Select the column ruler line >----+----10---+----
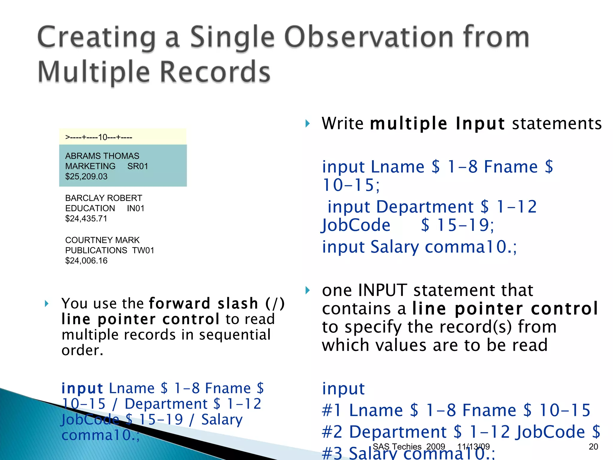pyautogui.click(x=99, y=137)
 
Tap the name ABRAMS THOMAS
pyautogui.click(x=102, y=156)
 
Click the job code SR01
pyautogui.click(x=138, y=166)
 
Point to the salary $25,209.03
pyautogui.click(x=86, y=176)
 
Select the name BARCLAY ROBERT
pyautogui.click(x=104, y=198)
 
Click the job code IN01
pyautogui.click(x=136, y=208)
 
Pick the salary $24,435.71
pyautogui.click(x=86, y=219)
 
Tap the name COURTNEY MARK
pyautogui.click(x=102, y=240)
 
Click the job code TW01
pyautogui.click(x=143, y=250)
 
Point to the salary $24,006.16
pyautogui.click(x=86, y=261)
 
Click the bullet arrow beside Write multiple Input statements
pyautogui.click(x=307, y=123)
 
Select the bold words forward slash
pyautogui.click(x=204, y=303)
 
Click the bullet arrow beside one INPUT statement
pyautogui.click(x=307, y=290)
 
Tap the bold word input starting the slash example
pyautogui.click(x=82, y=388)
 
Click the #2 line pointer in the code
pyautogui.click(x=332, y=432)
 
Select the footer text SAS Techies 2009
pyautogui.click(x=409, y=447)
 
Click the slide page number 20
pyautogui.click(x=593, y=447)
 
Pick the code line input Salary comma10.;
pyautogui.click(x=419, y=247)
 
